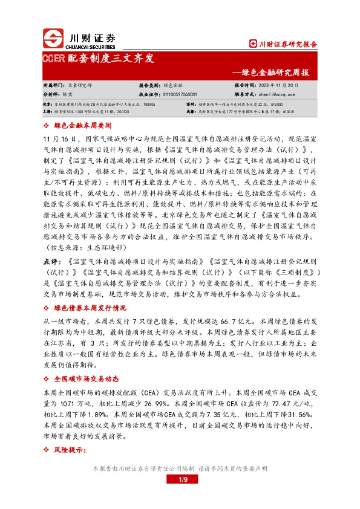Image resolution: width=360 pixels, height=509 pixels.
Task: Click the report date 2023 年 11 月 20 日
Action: pyautogui.click(x=271, y=86)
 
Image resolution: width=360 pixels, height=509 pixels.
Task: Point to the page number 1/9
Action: pyautogui.click(x=180, y=479)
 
